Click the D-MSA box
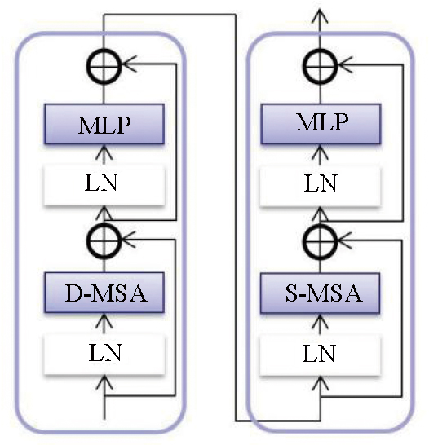point(104,293)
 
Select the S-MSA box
point(320,293)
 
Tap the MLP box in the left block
point(104,124)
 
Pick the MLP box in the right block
point(321,124)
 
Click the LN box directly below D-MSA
point(104,355)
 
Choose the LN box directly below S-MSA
point(320,355)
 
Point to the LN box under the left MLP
point(104,185)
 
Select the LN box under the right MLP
point(321,186)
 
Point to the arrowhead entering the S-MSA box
point(320,319)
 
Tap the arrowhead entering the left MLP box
point(104,151)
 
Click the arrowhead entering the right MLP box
point(321,151)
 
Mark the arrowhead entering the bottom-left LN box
point(104,381)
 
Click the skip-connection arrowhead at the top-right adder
point(344,64)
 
